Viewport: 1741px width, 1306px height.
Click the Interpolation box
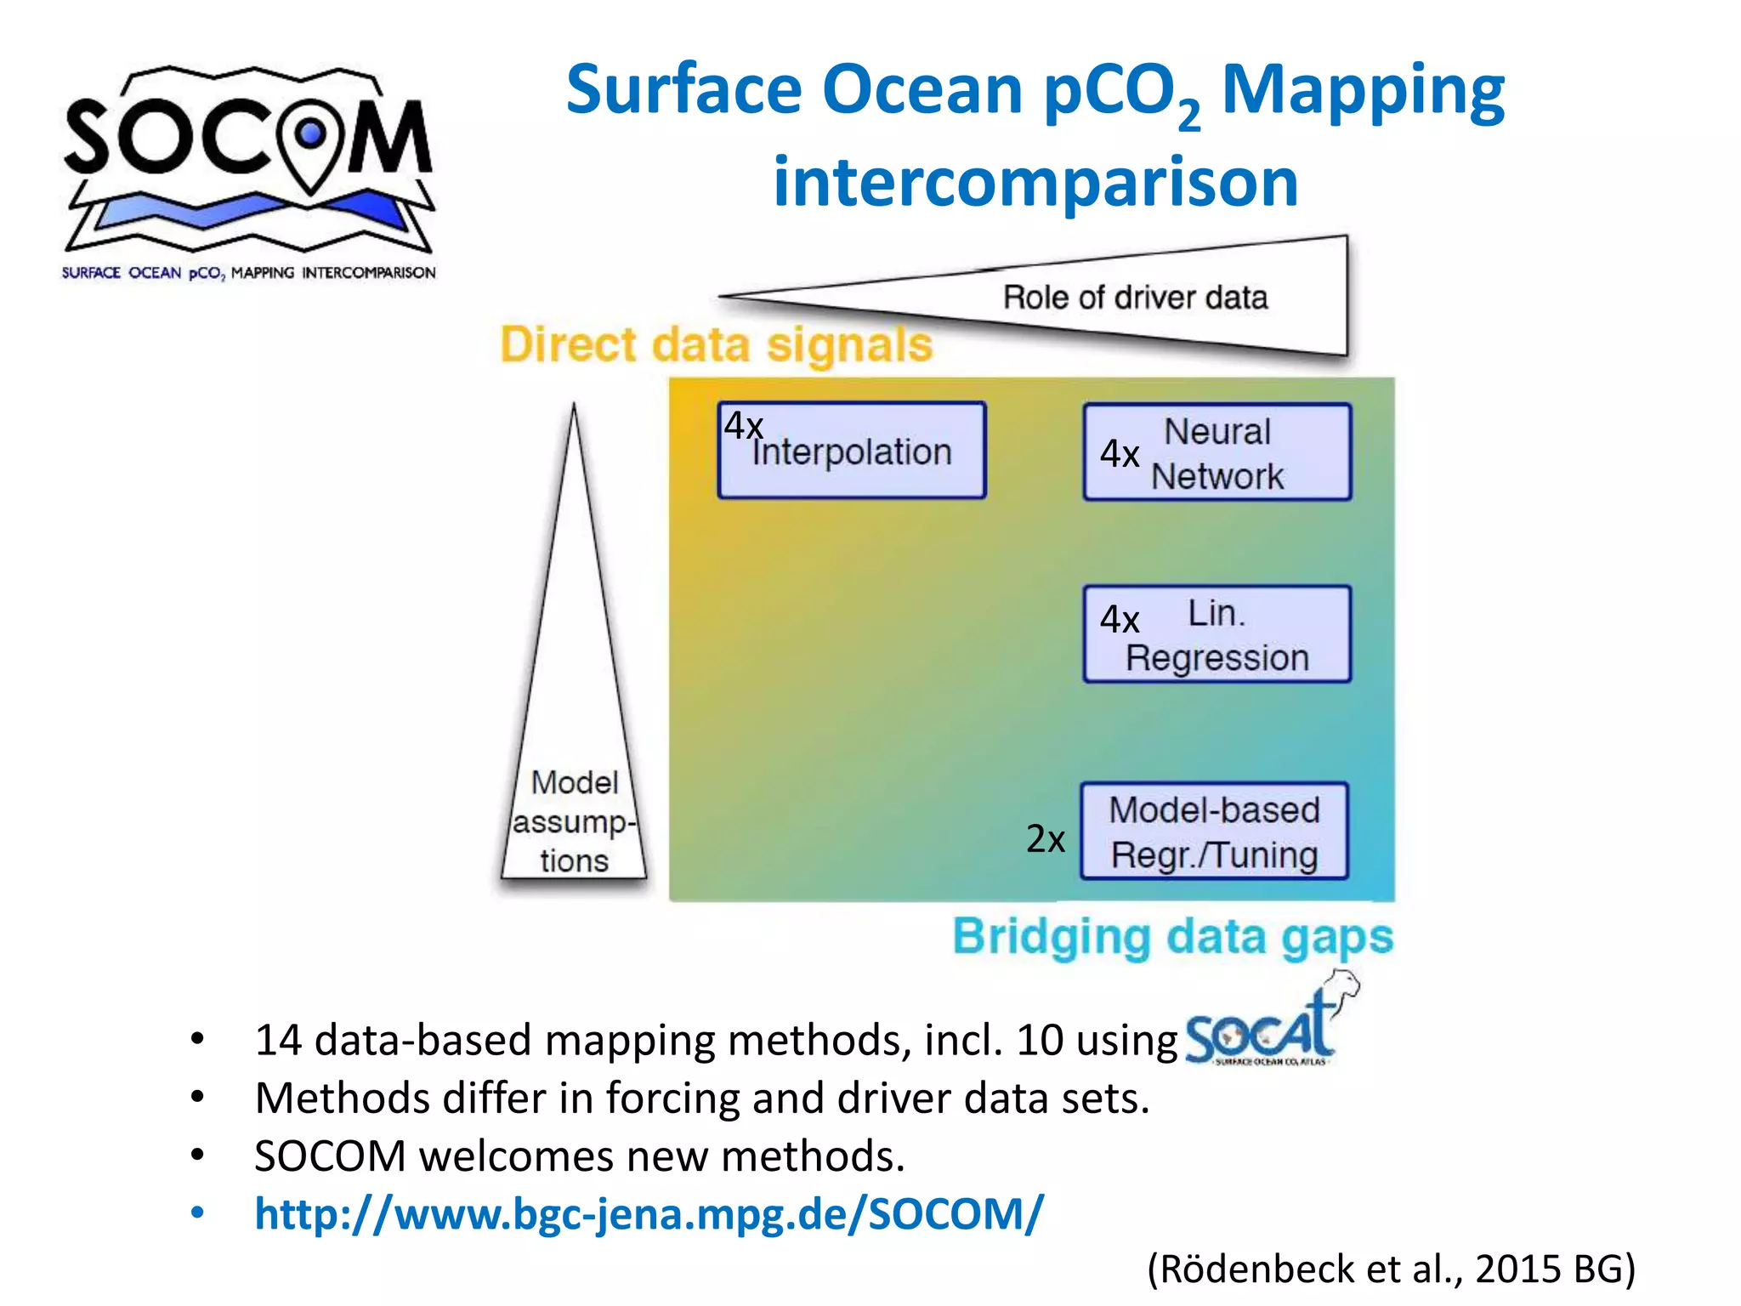852,451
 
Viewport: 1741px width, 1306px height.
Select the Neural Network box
1217,452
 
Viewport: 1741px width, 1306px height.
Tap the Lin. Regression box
1217,634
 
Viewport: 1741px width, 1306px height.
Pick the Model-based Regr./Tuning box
1214,832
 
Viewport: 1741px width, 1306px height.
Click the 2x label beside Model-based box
1045,839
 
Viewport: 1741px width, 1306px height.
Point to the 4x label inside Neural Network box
1119,454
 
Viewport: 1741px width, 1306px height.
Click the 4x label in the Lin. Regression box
1119,619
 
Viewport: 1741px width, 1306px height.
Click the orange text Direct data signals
716,345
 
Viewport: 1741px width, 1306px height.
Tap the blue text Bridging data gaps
1172,937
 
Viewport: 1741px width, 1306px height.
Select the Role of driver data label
1135,298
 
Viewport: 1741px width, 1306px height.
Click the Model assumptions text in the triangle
574,821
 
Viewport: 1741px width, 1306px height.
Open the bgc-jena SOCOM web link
649,1213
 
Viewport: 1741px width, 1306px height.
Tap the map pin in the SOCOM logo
311,140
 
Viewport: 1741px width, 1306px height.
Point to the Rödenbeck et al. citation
1391,1269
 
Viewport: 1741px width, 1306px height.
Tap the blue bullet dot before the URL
198,1212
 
